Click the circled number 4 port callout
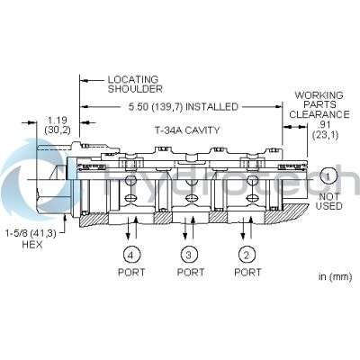click(x=131, y=255)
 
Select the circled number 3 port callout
click(x=189, y=255)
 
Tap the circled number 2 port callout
click(x=247, y=255)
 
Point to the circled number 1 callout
click(x=328, y=176)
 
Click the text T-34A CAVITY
click(x=187, y=130)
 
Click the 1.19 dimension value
click(x=58, y=121)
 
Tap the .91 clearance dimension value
click(x=325, y=124)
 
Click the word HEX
click(x=32, y=245)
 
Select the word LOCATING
click(x=133, y=80)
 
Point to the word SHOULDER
click(x=135, y=89)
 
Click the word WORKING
click(x=319, y=95)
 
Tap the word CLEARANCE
click(x=319, y=114)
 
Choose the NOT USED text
click(x=329, y=202)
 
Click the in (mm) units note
click(x=335, y=276)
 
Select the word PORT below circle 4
click(x=131, y=272)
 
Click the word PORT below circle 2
click(x=247, y=272)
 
